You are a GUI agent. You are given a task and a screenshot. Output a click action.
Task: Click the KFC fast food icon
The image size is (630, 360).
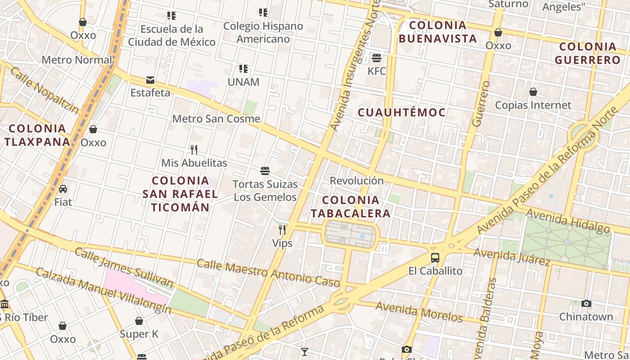click(377, 58)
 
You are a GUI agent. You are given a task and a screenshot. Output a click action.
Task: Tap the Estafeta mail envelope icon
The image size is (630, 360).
click(150, 80)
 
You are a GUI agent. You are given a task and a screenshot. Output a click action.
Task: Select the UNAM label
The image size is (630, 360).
click(243, 82)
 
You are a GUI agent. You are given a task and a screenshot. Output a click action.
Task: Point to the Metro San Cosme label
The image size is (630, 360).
click(216, 119)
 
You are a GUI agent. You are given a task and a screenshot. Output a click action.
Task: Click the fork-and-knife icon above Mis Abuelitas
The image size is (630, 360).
click(194, 149)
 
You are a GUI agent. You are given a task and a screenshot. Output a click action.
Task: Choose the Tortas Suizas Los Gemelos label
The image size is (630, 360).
click(265, 190)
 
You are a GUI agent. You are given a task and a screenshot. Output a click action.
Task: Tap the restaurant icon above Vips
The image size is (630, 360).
click(282, 230)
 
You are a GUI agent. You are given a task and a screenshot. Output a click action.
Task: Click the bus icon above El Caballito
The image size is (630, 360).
click(435, 258)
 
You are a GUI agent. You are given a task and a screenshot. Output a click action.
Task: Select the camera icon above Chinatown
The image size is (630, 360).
click(586, 304)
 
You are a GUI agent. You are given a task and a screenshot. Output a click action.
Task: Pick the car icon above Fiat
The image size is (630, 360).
click(63, 189)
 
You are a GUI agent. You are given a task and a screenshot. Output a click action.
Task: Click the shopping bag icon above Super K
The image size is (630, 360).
click(139, 321)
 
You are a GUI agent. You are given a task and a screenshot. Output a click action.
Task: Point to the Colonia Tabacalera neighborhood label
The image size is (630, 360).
click(356, 207)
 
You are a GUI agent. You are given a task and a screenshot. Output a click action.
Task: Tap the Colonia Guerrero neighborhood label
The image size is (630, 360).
click(588, 53)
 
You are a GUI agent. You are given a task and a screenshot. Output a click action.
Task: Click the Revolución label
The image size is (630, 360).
click(357, 180)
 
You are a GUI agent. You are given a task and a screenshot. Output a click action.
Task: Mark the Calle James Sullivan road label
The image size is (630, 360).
click(124, 267)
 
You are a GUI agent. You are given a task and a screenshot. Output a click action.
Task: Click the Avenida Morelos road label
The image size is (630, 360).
click(419, 312)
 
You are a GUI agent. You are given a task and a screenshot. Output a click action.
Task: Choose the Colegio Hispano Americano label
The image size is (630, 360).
click(263, 32)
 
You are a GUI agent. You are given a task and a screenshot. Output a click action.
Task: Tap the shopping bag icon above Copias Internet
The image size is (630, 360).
click(533, 92)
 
